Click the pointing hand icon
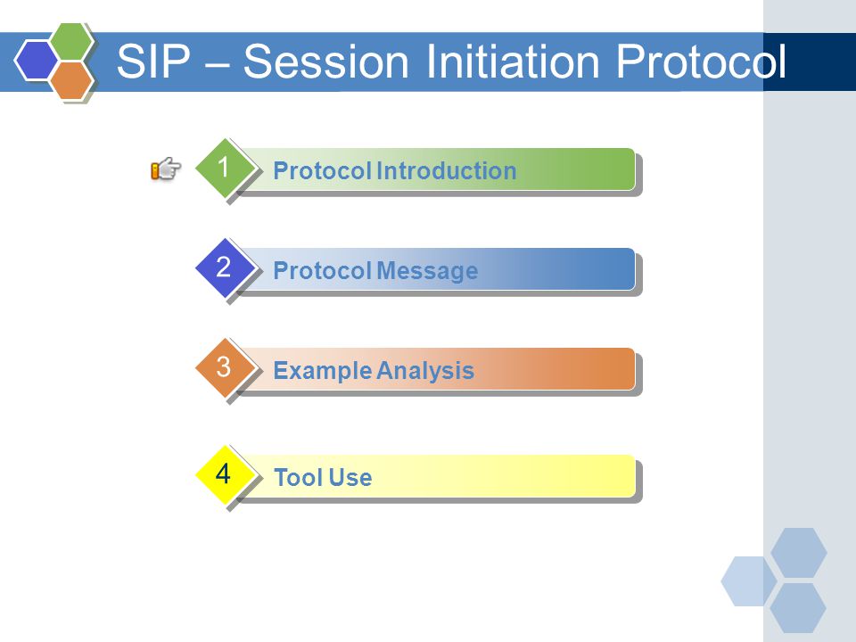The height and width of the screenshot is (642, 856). (x=166, y=169)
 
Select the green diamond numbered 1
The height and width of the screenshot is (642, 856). (x=225, y=168)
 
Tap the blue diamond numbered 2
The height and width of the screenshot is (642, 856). (x=225, y=267)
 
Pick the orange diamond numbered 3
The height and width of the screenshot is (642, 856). (x=225, y=367)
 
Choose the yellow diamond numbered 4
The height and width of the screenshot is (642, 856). (x=225, y=474)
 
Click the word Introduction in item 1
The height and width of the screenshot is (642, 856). (x=447, y=171)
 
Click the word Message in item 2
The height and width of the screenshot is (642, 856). (x=427, y=271)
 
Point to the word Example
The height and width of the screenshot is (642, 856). (x=323, y=371)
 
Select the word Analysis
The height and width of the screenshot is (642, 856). (x=425, y=371)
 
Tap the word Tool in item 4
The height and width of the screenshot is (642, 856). (x=300, y=478)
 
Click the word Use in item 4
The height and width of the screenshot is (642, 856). (x=352, y=478)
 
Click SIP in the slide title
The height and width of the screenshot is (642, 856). (x=154, y=61)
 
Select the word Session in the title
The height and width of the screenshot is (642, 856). (x=326, y=61)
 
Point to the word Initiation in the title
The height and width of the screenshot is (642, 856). (x=513, y=61)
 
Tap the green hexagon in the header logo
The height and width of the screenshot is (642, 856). (x=72, y=41)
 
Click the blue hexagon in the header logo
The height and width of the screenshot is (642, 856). (x=36, y=61)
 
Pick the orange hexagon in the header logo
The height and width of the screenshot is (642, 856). (x=72, y=80)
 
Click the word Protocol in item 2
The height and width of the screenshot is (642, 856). (x=323, y=271)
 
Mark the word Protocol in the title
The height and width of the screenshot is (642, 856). (x=701, y=61)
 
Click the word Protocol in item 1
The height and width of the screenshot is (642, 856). (x=323, y=171)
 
